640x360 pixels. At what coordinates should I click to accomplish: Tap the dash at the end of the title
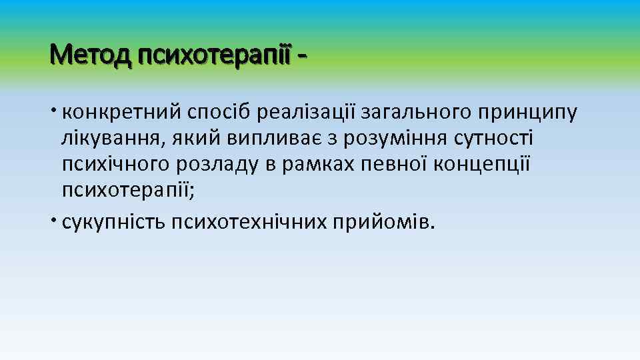click(x=303, y=54)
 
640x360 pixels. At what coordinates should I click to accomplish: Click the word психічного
click(x=116, y=165)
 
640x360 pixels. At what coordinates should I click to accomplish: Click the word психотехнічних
click(x=249, y=221)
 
